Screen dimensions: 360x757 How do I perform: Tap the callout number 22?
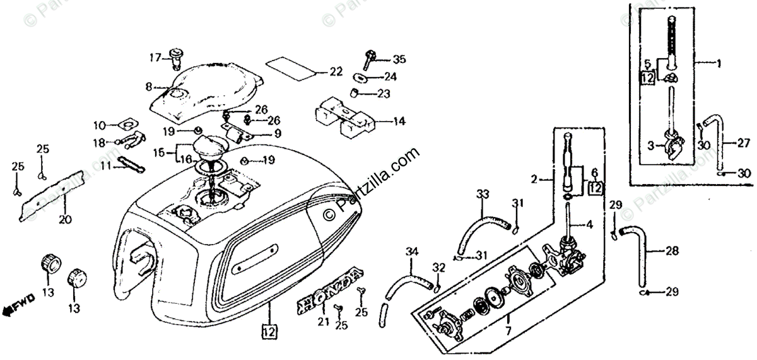pyautogui.click(x=336, y=72)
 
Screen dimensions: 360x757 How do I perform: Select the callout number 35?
pyautogui.click(x=399, y=60)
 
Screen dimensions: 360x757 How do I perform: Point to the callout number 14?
pyautogui.click(x=399, y=121)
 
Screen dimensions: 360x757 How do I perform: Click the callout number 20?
pyautogui.click(x=66, y=219)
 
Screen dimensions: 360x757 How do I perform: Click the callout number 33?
pyautogui.click(x=483, y=193)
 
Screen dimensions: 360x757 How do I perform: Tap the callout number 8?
pyautogui.click(x=149, y=86)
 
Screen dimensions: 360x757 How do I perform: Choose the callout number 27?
pyautogui.click(x=743, y=142)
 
